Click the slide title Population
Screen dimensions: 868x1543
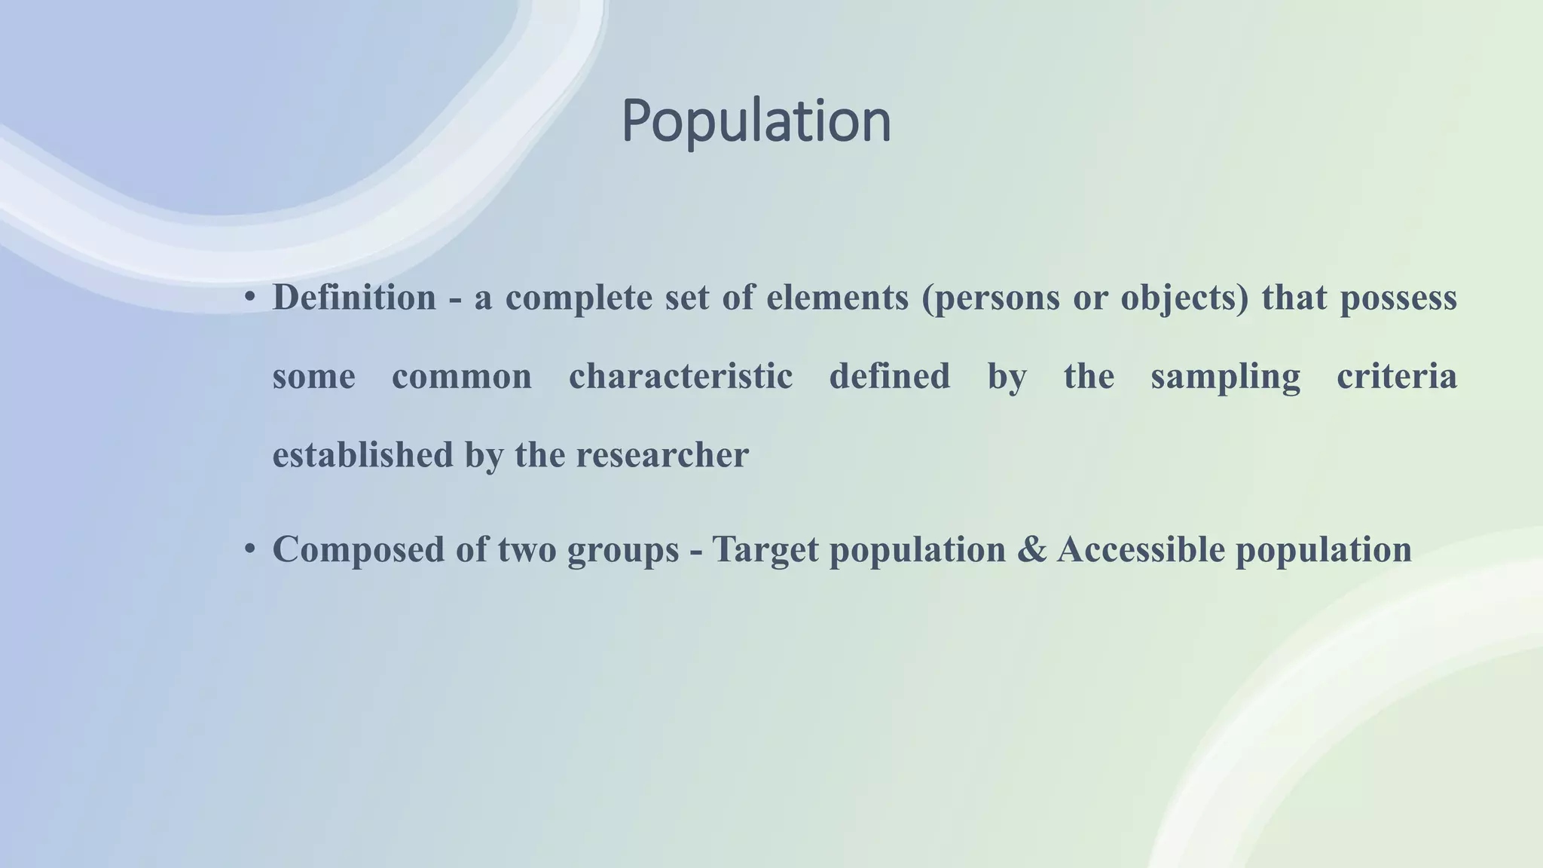tap(756, 121)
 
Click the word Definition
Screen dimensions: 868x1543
tap(354, 298)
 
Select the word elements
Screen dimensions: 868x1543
tap(838, 298)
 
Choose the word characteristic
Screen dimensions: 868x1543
tap(680, 376)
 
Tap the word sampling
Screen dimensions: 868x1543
tap(1225, 376)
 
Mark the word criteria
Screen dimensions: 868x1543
tap(1397, 376)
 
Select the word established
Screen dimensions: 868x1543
tap(362, 454)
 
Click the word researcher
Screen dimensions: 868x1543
tap(662, 454)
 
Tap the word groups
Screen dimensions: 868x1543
tap(623, 549)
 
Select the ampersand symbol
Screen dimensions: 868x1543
tap(1031, 549)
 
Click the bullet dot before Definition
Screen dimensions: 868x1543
tap(249, 298)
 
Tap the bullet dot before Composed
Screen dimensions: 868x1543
tap(249, 549)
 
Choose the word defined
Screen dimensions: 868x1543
tap(890, 376)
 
